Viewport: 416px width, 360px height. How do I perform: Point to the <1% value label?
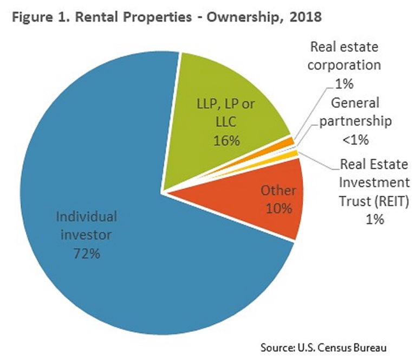coord(355,139)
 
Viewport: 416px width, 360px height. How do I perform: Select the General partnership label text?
coord(355,112)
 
